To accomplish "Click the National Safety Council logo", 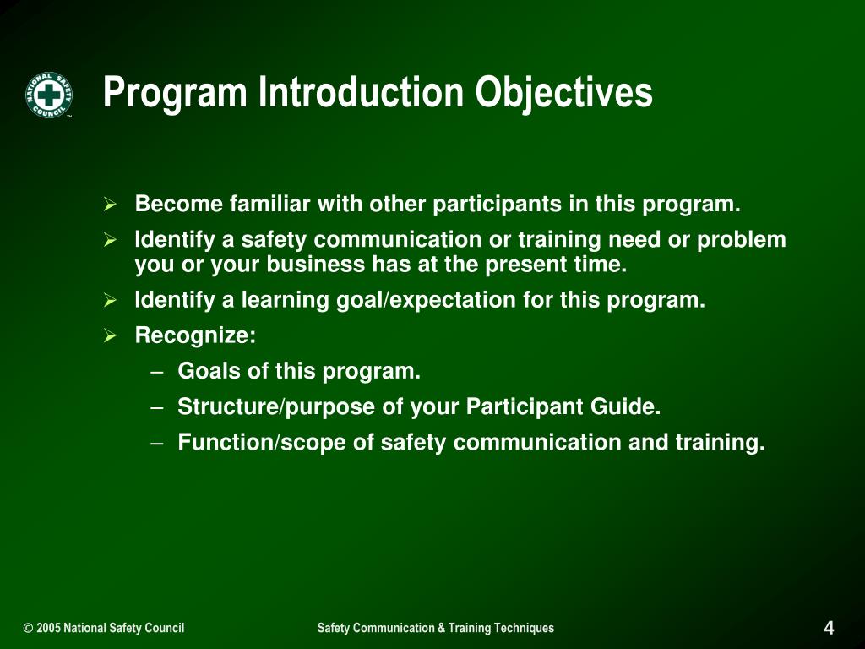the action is point(48,95).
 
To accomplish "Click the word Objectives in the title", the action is point(563,93).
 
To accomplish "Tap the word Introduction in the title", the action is point(361,91).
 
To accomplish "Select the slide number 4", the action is point(829,628).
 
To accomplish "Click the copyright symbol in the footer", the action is point(28,628).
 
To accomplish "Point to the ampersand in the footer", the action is point(441,628).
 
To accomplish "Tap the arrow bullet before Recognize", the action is point(110,335).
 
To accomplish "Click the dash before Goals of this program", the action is point(157,372).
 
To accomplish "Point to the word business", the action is point(316,265).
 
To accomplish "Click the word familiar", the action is point(269,204).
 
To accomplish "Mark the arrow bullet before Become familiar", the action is point(110,204).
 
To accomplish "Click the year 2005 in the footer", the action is point(48,628).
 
